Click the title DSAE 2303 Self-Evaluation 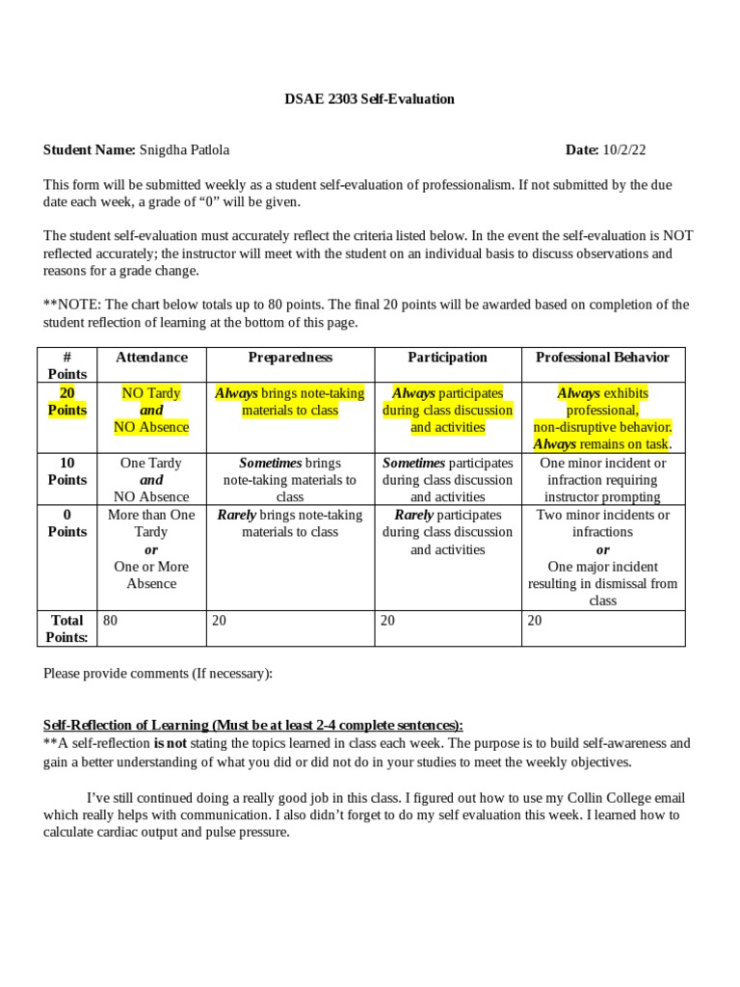coord(369,99)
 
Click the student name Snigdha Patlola coord(184,149)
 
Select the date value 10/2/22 coord(626,149)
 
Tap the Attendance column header coord(151,358)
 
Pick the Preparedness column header coord(290,358)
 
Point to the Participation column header coord(447,358)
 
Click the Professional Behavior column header coord(602,358)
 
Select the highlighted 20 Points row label coord(67,402)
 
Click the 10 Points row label coord(67,471)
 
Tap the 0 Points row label coord(67,523)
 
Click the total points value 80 coord(111,621)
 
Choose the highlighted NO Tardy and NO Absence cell coord(151,411)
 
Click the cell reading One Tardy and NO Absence coord(151,480)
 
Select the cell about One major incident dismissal coord(602,574)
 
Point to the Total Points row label coord(67,628)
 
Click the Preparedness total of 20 coord(220,621)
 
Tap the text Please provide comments coord(158,674)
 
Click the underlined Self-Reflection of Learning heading coord(252,725)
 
